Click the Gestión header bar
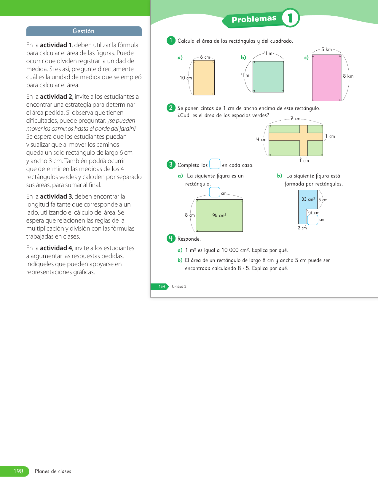(x=84, y=31)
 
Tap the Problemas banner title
(x=254, y=19)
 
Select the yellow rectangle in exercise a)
(x=204, y=78)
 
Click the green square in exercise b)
(x=268, y=77)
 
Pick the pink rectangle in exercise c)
(x=326, y=78)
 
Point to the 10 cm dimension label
(x=186, y=78)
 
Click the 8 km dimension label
(x=348, y=76)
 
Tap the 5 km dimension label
(x=326, y=49)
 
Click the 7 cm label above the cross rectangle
(x=295, y=119)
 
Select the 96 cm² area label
(x=219, y=215)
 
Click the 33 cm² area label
(x=308, y=199)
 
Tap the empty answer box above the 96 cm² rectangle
(x=214, y=192)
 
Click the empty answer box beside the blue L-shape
(x=312, y=220)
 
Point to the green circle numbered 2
(x=171, y=108)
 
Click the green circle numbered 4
(x=171, y=238)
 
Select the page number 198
(x=18, y=471)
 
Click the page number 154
(x=162, y=287)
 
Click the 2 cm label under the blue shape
(x=302, y=228)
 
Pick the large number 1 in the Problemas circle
(x=290, y=18)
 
